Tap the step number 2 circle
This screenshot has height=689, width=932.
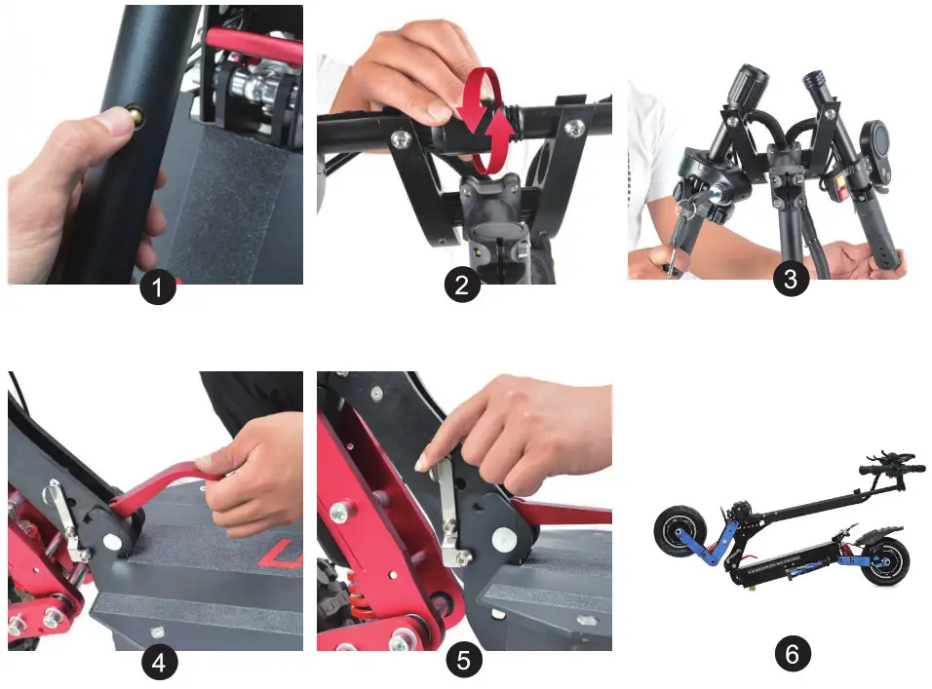464,286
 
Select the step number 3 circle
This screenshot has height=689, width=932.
792,281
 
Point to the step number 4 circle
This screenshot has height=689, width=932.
159,662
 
